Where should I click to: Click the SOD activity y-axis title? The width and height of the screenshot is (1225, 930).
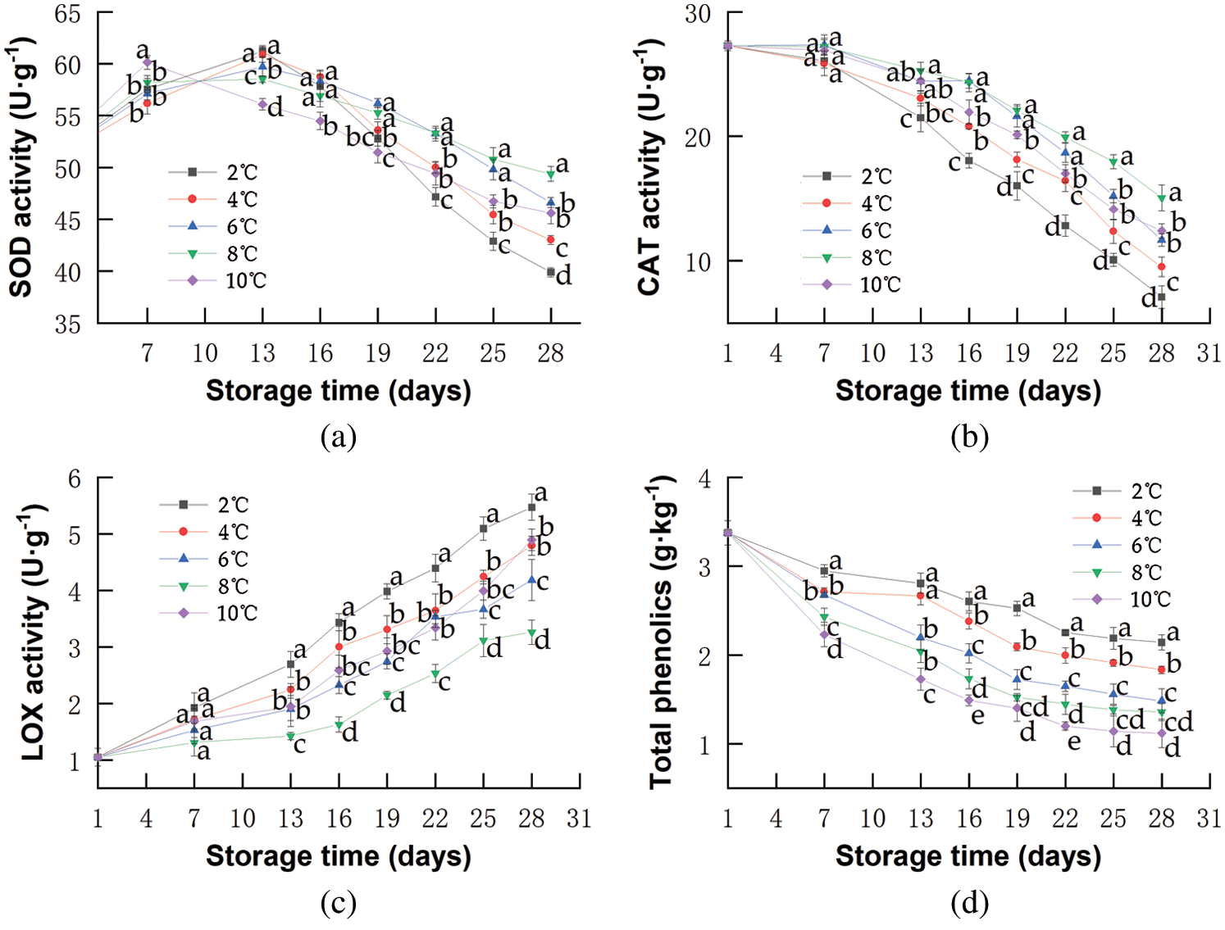(21, 167)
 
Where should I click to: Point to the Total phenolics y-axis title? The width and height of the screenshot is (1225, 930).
(661, 633)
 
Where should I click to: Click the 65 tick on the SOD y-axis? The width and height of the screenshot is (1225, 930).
(68, 14)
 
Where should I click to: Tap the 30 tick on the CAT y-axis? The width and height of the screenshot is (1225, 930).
(698, 14)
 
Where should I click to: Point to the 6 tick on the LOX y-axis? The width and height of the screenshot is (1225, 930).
(75, 479)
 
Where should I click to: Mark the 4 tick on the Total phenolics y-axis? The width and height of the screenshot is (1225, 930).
(704, 479)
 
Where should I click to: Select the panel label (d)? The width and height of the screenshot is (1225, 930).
(969, 904)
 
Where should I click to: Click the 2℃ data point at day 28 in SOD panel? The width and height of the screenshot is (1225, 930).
(551, 272)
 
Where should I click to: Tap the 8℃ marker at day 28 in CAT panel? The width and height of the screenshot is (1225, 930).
(1162, 198)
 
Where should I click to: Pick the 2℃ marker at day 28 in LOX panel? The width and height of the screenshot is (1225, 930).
(532, 508)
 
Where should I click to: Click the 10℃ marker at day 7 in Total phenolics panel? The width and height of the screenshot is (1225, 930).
(824, 635)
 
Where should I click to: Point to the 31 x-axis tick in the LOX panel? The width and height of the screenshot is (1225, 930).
(579, 819)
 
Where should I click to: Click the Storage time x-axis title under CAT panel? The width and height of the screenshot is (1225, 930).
(968, 392)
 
